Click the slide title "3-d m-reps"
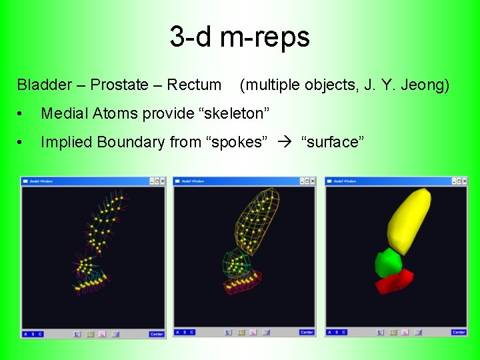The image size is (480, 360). coord(239,37)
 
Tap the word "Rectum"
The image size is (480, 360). coord(194,85)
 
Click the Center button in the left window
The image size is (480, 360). coord(156,334)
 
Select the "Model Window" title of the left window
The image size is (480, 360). coord(41,181)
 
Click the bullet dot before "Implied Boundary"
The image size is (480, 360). coord(22,143)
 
